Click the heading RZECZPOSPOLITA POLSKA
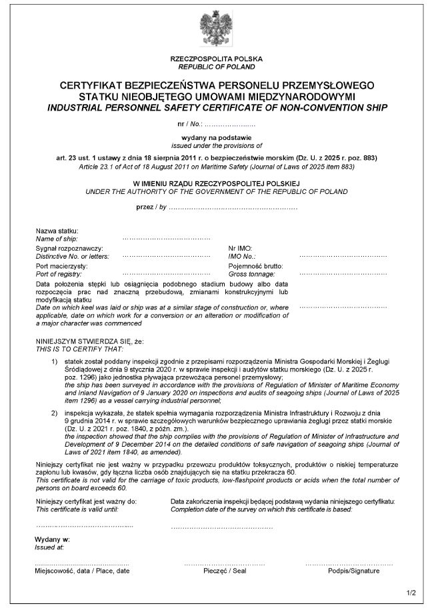[217, 59]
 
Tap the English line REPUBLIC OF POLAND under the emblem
[217, 67]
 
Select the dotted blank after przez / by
[233, 208]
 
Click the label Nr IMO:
[240, 248]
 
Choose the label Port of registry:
[58, 273]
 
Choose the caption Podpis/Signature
[353, 571]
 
